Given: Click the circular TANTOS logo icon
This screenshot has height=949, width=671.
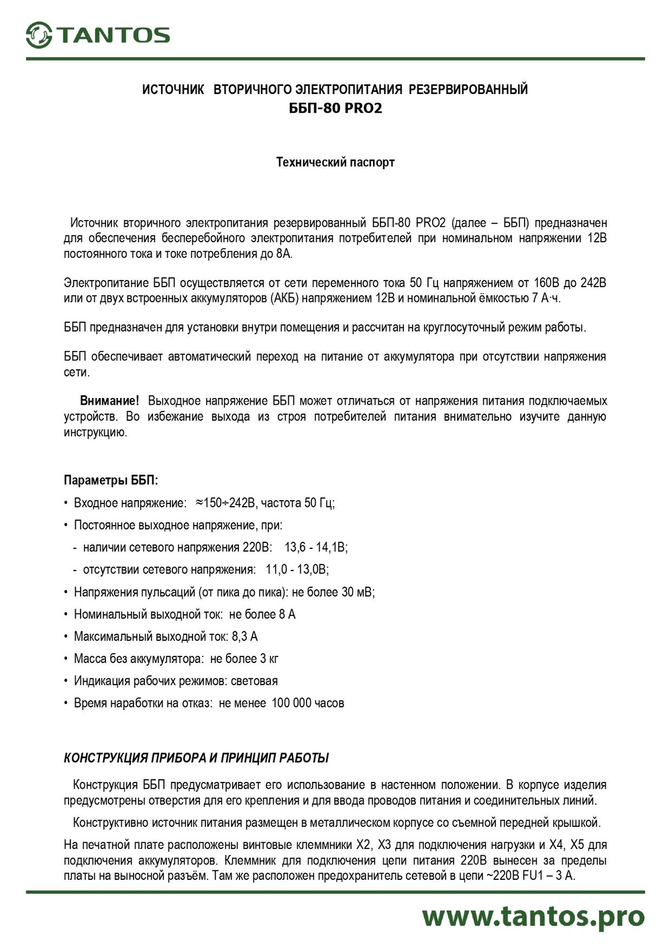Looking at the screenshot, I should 39,35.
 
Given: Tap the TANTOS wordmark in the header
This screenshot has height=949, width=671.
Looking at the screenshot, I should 113,36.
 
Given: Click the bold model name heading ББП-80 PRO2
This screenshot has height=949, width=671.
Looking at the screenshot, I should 335,108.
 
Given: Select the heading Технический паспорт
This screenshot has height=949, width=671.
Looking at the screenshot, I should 335,162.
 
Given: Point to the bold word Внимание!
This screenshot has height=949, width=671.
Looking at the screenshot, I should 109,401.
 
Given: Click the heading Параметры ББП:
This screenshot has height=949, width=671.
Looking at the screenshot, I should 111,481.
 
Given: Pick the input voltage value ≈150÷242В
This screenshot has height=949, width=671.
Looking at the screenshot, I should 225,503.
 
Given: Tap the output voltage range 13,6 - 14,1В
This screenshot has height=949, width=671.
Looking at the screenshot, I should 315,547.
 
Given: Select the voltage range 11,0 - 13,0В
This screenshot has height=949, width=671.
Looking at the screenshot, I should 297,569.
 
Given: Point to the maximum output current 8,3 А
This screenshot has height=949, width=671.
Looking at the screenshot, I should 244,636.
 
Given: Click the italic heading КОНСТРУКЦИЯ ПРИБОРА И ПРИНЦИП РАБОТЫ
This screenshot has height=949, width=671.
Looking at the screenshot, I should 196,758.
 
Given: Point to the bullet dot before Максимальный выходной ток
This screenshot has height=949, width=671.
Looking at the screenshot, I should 66,636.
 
